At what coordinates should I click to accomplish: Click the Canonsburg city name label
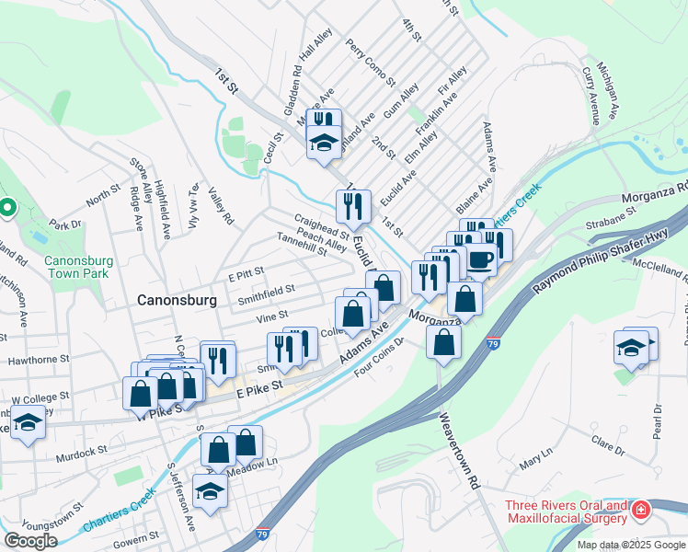[x=177, y=300]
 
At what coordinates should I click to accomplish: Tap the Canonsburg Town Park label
[x=79, y=267]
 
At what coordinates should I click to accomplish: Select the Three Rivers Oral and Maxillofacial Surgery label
[x=565, y=514]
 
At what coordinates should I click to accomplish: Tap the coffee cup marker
[x=478, y=259]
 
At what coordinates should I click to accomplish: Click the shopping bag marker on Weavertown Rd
[x=443, y=342]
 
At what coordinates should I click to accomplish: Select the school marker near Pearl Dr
[x=631, y=349]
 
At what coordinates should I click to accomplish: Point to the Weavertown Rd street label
[x=460, y=455]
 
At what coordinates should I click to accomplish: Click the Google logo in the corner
[x=30, y=541]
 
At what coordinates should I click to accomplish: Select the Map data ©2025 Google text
[x=630, y=545]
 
